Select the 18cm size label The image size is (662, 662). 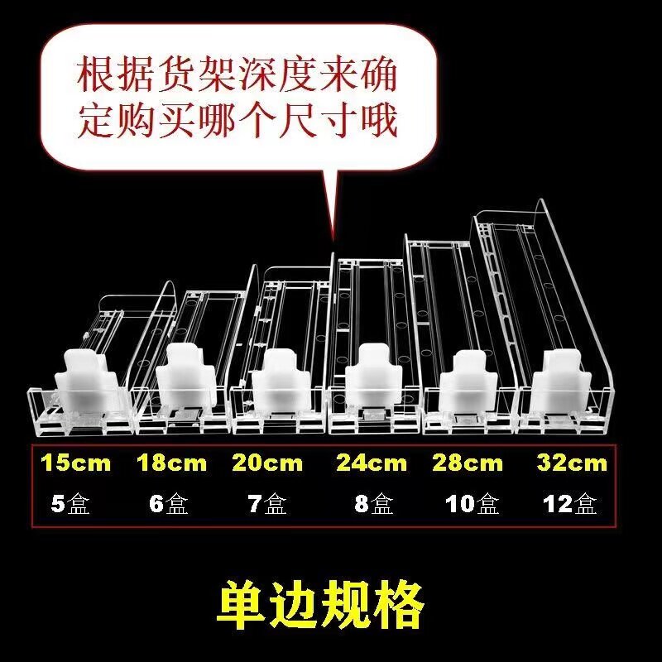point(171,463)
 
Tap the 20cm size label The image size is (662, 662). point(267,463)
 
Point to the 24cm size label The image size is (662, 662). point(372,463)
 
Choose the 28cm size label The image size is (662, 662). point(468,463)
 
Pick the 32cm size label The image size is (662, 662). point(572,463)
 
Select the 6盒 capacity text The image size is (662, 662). point(169,503)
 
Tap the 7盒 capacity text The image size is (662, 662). point(266,503)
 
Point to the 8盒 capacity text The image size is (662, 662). point(373,503)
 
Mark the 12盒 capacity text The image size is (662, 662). point(570,503)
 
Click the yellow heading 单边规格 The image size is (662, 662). point(320,606)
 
